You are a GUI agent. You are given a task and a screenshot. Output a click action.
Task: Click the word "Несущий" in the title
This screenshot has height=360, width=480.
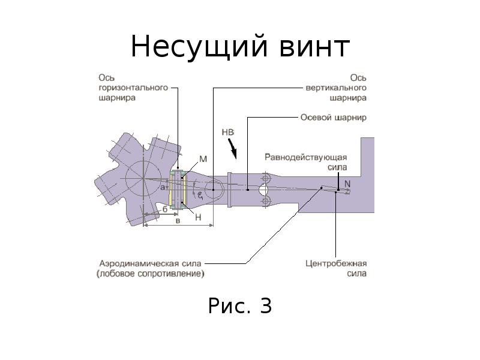pyautogui.click(x=193, y=47)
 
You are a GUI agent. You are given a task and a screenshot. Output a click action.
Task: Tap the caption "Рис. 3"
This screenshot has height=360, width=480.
pyautogui.click(x=240, y=306)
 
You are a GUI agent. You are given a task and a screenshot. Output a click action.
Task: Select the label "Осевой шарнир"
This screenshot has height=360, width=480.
pyautogui.click(x=333, y=118)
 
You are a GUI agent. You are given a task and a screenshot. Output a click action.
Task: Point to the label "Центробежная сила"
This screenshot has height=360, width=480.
pyautogui.click(x=335, y=268)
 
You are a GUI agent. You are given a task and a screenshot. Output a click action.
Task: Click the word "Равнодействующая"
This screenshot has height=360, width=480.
pyautogui.click(x=305, y=157)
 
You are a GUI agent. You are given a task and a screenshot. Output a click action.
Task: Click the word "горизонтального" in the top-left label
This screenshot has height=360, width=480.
pyautogui.click(x=133, y=88)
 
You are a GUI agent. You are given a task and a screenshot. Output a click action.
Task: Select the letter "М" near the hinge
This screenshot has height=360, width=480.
pyautogui.click(x=203, y=160)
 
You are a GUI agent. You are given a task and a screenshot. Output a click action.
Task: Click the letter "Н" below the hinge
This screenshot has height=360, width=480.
pyautogui.click(x=198, y=218)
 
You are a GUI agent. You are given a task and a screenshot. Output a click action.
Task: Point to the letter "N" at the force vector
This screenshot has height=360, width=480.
pyautogui.click(x=347, y=185)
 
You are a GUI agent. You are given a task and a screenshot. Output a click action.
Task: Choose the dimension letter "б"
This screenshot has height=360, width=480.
pyautogui.click(x=164, y=209)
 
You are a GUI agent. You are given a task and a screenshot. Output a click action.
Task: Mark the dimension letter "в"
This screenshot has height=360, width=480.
pyautogui.click(x=178, y=221)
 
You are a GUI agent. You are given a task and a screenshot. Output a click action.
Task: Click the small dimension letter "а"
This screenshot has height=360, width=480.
pyautogui.click(x=162, y=188)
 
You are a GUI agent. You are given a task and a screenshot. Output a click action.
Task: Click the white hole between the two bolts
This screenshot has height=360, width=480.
pyautogui.click(x=263, y=190)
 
